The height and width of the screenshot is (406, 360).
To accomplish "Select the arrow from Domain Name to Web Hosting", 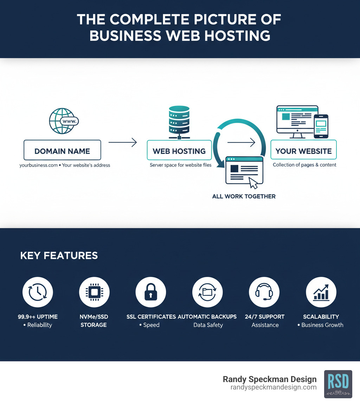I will [x=122, y=142].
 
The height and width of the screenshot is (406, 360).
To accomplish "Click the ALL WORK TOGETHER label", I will [x=244, y=196].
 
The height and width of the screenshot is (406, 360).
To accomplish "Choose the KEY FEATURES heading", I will [x=59, y=255].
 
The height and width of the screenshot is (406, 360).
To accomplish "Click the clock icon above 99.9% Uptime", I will [x=38, y=292].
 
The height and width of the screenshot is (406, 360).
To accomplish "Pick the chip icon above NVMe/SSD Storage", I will [x=94, y=292].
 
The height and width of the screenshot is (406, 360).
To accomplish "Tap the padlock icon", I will [x=150, y=292].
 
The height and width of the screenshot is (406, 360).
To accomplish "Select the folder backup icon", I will [x=207, y=292].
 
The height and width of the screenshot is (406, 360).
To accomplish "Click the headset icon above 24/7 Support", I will [x=264, y=292].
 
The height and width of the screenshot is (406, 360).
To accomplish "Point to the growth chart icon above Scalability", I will [x=321, y=292].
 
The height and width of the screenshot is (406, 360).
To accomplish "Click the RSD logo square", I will [x=338, y=384].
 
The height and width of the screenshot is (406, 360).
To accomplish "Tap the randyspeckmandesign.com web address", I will [x=273, y=387].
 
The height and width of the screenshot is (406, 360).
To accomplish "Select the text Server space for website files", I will [x=180, y=165].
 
